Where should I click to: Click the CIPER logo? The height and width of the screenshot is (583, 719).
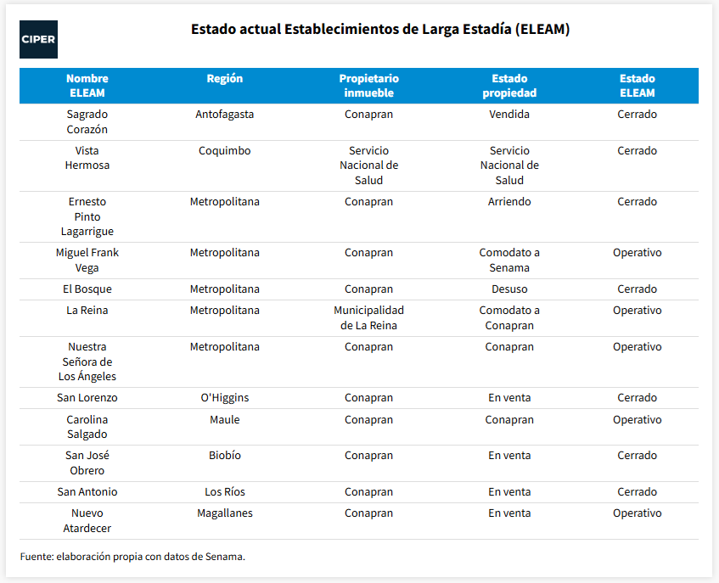[x=38, y=39]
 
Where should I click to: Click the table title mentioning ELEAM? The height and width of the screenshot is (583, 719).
[x=380, y=30]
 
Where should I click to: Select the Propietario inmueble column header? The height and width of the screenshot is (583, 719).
[x=368, y=86]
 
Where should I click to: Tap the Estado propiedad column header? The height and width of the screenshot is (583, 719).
[x=509, y=86]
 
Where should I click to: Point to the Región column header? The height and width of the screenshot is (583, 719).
[x=225, y=78]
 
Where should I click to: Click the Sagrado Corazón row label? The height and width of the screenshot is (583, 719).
[x=87, y=122]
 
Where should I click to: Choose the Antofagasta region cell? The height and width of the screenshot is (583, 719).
[x=225, y=114]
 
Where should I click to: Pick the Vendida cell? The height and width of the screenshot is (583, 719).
[x=509, y=114]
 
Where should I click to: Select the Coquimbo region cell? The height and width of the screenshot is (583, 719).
[x=225, y=151]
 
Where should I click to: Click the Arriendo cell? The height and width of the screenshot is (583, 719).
[x=509, y=202]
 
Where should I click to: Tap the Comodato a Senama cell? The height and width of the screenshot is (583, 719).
[x=509, y=260]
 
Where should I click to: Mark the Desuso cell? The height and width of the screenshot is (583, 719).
[x=509, y=289]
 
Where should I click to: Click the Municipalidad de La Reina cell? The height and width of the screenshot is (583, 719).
[x=368, y=317]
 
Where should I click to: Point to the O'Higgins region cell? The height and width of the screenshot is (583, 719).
[x=225, y=398]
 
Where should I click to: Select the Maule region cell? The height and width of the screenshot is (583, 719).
[x=225, y=419]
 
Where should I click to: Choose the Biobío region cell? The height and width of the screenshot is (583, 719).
[x=225, y=455]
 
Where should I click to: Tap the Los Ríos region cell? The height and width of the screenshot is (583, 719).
[x=225, y=492]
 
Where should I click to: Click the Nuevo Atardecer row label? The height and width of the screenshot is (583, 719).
[x=87, y=521]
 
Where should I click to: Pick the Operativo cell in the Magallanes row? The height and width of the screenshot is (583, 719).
[x=637, y=513]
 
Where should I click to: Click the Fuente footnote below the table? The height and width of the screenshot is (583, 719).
[x=132, y=557]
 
